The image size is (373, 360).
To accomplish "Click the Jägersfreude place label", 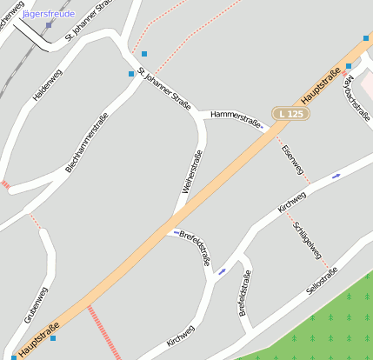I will tap(49, 14).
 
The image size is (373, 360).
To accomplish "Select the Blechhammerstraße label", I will tap(86, 143).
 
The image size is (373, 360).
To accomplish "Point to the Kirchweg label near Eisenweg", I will tap(291, 202).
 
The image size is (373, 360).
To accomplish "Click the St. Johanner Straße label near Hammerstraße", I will tap(164, 87).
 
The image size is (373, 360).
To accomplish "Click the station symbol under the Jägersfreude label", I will tap(49, 24).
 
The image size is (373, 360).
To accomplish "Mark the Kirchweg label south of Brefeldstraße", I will tap(180, 335).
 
